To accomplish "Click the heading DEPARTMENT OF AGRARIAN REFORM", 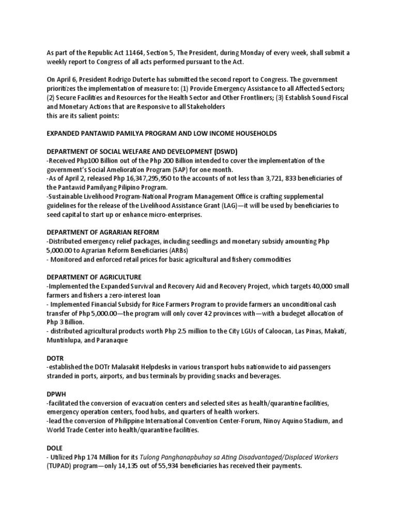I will [x=103, y=232].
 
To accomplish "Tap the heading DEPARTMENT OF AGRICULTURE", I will [x=94, y=277].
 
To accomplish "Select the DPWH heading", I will [x=56, y=394].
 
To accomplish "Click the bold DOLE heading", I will [x=56, y=448].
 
